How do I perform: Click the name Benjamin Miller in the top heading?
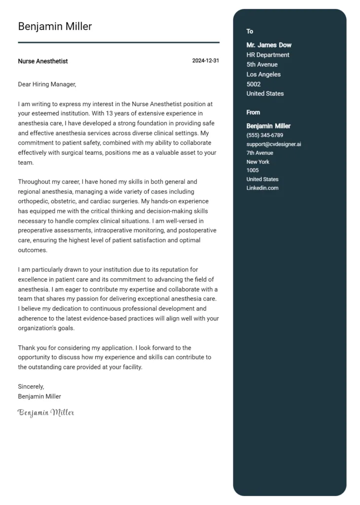tap(55, 27)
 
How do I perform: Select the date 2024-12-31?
tap(206, 61)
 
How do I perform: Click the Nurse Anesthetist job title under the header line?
tap(43, 61)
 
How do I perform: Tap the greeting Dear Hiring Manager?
tap(47, 84)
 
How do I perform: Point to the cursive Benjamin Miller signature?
tap(46, 412)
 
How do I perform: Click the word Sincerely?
tap(31, 387)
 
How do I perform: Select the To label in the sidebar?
tap(250, 32)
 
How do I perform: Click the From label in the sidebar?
tap(253, 112)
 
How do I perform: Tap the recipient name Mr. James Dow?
tap(269, 45)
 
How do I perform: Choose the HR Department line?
tap(268, 55)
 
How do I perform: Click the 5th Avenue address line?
tap(262, 65)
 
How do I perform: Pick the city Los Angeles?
tap(263, 74)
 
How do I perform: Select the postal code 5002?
tap(253, 84)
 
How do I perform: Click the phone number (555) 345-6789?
tap(265, 135)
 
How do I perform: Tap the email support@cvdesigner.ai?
tap(274, 144)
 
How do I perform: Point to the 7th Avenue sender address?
tap(259, 153)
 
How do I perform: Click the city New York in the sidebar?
tap(258, 162)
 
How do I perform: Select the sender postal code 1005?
tap(252, 171)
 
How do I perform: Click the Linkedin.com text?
tap(262, 188)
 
